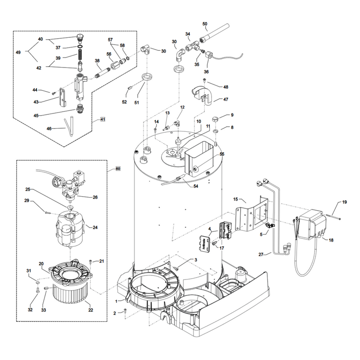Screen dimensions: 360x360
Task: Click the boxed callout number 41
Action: coord(103,119)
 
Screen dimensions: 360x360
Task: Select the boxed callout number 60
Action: coord(118,169)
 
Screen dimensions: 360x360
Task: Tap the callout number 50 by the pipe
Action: coord(205,24)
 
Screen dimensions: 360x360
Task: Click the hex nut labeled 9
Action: coord(215,119)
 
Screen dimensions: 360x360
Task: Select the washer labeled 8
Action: coord(215,131)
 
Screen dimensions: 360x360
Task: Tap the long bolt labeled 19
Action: coord(333,216)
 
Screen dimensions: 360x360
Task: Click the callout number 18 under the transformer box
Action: coord(331,240)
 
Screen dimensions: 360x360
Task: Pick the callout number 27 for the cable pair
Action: coord(261,254)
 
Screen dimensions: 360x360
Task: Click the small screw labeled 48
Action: coord(204,80)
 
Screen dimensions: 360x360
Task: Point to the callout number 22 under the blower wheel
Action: coord(91,310)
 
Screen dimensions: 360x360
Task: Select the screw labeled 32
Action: coord(37,290)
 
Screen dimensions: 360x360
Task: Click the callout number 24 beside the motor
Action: coord(95,227)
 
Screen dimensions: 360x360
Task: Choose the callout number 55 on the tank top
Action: coord(222,154)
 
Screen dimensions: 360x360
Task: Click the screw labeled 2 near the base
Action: coord(125,310)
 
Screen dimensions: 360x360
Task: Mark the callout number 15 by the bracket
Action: coord(235,199)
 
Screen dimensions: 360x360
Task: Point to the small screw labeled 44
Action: coord(53,94)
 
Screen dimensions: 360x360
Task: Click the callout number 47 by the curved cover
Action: coord(226,99)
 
